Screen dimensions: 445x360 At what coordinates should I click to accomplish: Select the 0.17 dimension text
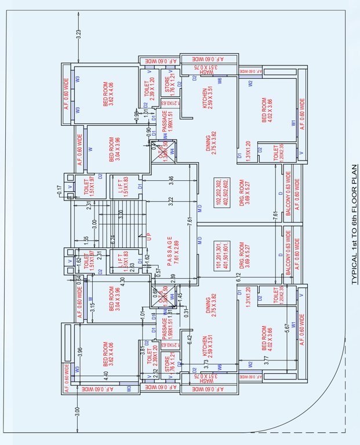point(60,189)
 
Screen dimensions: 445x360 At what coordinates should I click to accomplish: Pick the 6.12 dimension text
point(239,278)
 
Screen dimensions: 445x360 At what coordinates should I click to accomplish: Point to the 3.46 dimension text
point(172,180)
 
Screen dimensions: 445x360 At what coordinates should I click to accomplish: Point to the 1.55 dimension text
point(85,239)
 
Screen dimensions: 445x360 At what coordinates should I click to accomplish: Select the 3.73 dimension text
point(206,363)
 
